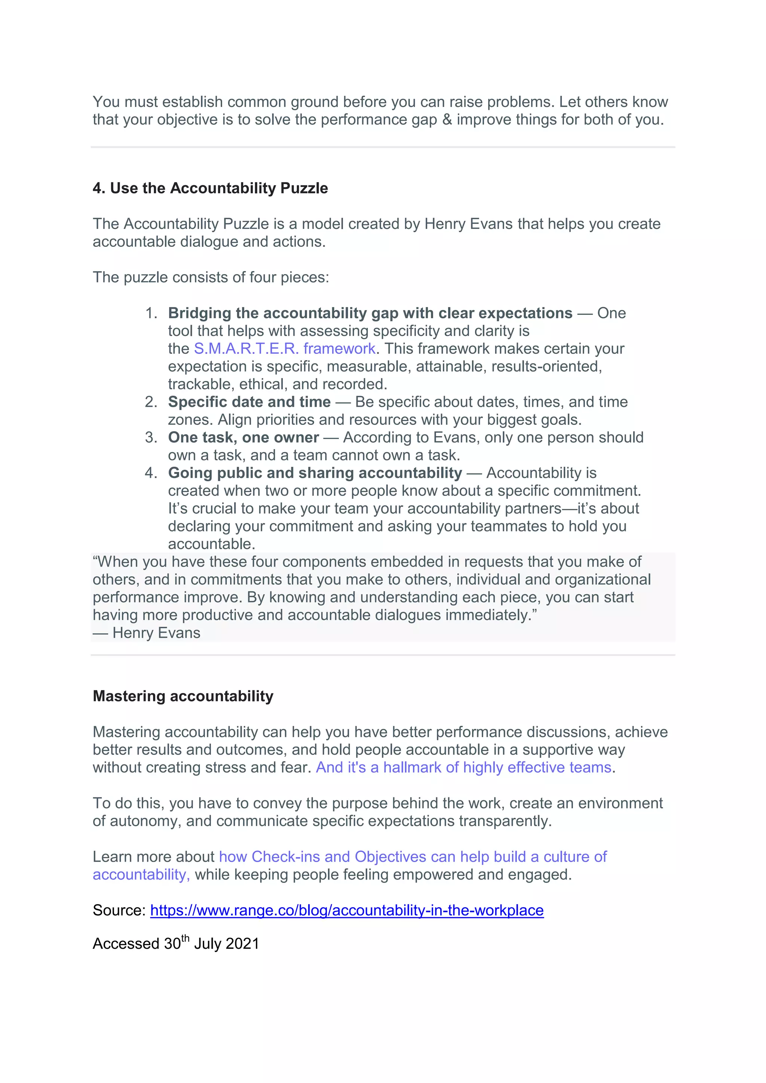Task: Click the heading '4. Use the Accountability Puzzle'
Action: (x=210, y=188)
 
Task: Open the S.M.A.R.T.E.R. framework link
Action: (x=284, y=349)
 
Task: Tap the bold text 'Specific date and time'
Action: (x=249, y=402)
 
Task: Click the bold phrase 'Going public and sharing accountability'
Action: (x=315, y=473)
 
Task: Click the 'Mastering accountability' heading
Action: (x=183, y=696)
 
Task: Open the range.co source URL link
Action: (x=347, y=910)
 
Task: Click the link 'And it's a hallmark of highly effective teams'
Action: (x=463, y=768)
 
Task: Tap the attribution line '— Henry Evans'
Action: (x=146, y=633)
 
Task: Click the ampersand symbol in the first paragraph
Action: (x=447, y=120)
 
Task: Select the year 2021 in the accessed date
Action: (x=242, y=944)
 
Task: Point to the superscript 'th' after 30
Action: (x=186, y=938)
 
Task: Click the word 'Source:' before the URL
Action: (x=119, y=910)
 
